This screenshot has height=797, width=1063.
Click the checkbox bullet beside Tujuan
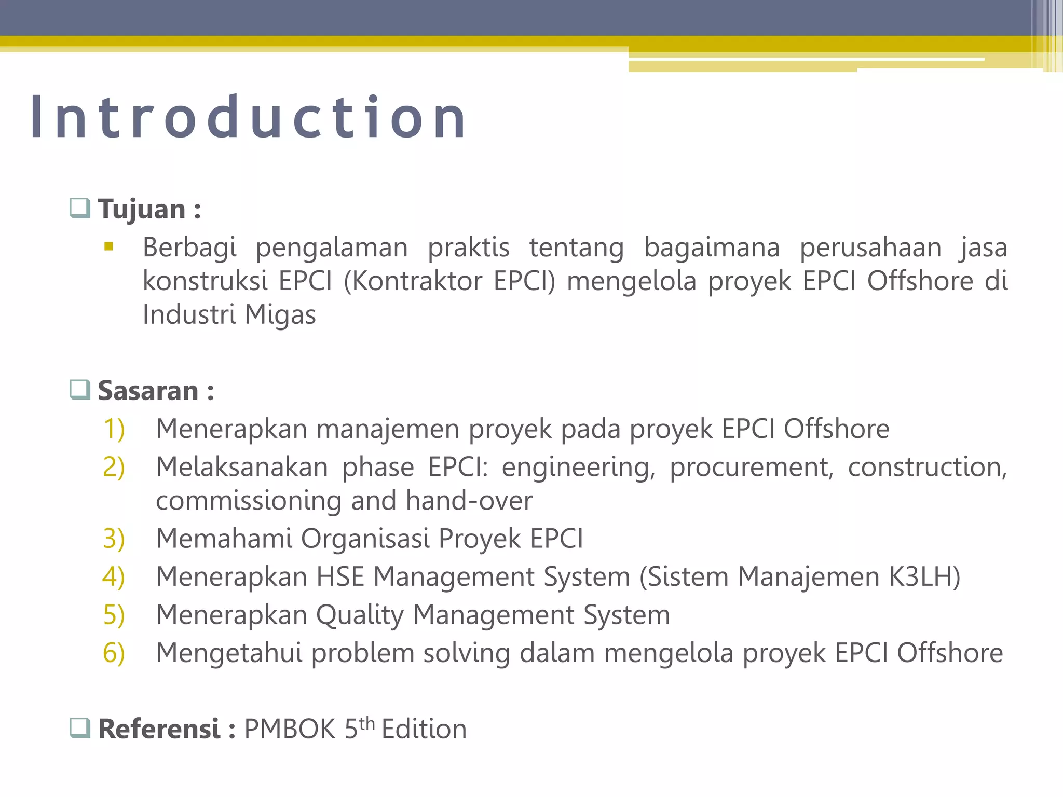80,209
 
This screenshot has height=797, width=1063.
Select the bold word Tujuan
142,210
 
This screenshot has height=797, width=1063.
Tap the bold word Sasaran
148,391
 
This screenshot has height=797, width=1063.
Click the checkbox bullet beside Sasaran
80,390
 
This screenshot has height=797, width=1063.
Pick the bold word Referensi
159,729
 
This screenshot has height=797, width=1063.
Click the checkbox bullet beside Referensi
80,729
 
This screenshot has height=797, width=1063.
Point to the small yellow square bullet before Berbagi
108,247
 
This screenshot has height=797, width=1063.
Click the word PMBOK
290,729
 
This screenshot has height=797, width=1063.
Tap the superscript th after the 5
366,723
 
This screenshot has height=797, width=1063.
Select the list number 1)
114,429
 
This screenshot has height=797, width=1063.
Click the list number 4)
114,577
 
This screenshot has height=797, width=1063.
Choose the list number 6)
114,653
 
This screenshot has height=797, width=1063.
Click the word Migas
280,314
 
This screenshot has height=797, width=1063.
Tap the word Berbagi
189,248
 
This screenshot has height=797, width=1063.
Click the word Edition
424,729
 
